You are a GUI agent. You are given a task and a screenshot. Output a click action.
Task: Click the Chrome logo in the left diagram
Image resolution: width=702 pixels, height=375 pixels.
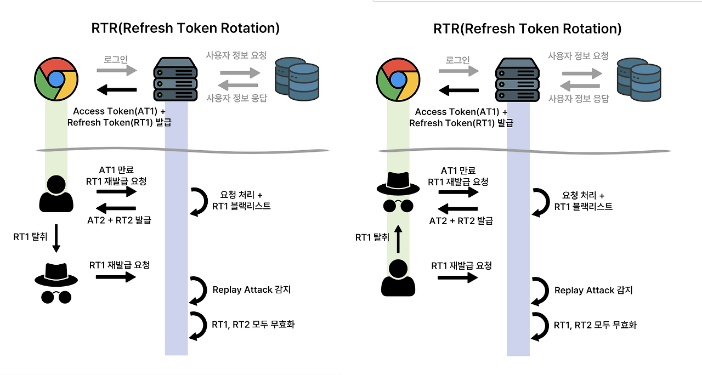(57, 79)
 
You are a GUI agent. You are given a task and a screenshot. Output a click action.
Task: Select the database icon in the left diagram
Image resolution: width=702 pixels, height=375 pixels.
(297, 79)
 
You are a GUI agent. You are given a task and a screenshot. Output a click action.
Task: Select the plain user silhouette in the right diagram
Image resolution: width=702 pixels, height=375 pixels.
(398, 278)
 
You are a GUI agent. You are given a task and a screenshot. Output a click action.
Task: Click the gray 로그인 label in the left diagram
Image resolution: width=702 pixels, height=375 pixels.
(116, 59)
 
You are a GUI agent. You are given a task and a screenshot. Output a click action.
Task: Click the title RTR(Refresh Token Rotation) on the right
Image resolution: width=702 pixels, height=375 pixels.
(528, 29)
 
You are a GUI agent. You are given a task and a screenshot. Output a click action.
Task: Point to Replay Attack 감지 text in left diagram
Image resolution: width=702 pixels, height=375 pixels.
(251, 289)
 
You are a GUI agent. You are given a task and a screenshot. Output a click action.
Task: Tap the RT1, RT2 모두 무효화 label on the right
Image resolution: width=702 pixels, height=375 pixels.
(595, 325)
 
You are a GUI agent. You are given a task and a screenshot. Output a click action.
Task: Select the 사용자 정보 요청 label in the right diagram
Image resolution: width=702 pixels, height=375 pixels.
(578, 56)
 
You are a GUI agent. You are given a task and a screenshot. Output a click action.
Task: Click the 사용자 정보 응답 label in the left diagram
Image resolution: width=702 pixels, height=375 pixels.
(236, 98)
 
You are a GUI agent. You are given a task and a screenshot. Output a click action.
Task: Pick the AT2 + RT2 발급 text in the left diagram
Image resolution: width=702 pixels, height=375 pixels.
(119, 220)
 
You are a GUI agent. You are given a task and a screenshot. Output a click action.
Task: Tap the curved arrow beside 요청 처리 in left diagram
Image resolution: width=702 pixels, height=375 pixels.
(197, 201)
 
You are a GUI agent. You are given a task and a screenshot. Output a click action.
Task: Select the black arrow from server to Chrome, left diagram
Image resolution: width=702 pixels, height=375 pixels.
(116, 90)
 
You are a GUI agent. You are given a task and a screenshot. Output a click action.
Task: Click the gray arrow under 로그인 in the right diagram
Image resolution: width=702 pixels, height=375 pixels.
(458, 70)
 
